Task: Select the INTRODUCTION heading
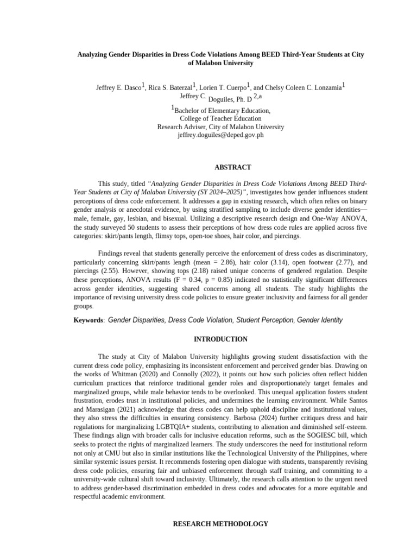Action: coord(220,339)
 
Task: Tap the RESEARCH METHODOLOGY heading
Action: coord(220,524)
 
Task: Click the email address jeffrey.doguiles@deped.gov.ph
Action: coord(220,135)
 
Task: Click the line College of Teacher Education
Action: coord(220,118)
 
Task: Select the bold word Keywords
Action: coord(89,321)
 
